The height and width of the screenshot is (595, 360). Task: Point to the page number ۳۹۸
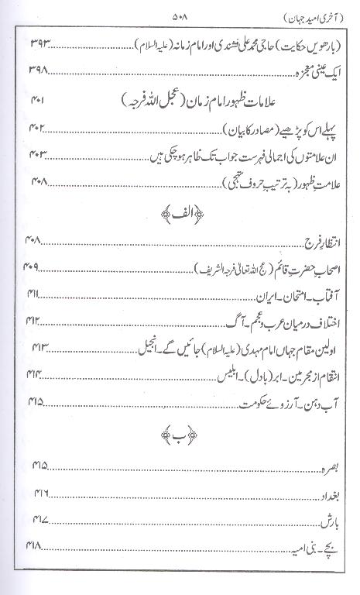[40, 71]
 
